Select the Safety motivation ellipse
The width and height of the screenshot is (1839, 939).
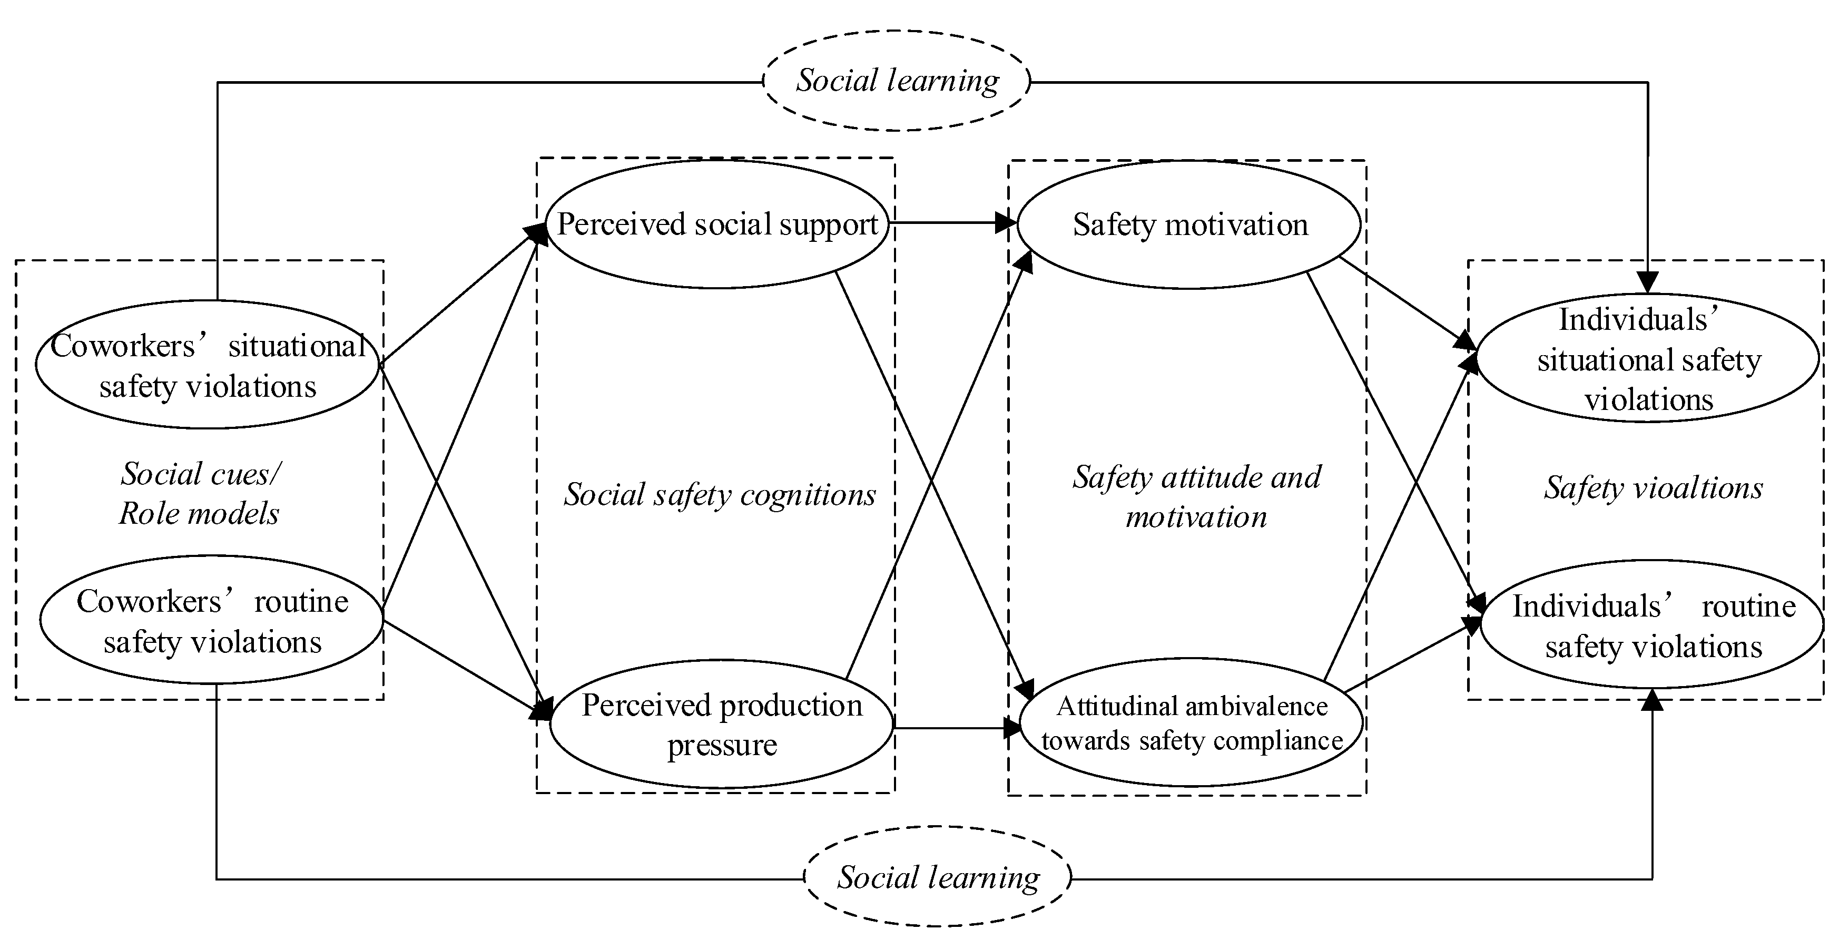coord(1189,225)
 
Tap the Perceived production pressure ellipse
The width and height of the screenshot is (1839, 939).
coord(722,724)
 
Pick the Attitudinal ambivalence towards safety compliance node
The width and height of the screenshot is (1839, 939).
coord(1192,722)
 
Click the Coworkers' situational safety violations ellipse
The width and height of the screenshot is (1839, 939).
coord(207,364)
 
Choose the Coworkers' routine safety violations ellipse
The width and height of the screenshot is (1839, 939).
coord(211,620)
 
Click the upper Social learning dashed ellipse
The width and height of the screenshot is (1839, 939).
coord(897,81)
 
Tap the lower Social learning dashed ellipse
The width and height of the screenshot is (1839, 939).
coord(938,877)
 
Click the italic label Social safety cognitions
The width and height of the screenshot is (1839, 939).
coord(720,494)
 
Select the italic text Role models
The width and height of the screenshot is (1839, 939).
coord(199,513)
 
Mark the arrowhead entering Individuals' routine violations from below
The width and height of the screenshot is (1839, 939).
coord(1652,701)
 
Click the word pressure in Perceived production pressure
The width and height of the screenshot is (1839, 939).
coord(722,745)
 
